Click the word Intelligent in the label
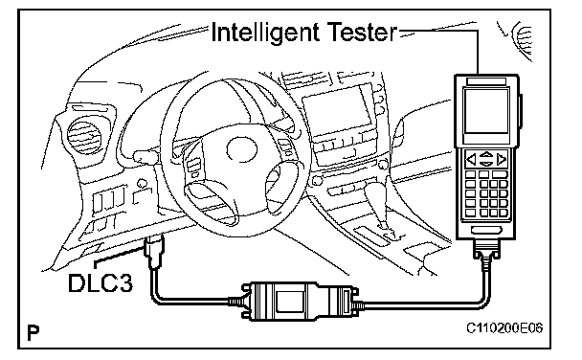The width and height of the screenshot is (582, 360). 265,33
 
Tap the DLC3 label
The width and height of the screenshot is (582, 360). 101,283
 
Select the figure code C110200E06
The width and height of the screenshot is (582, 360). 504,328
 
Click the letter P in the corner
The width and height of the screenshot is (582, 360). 34,332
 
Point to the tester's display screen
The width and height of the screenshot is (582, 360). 486,111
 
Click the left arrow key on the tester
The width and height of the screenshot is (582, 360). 471,160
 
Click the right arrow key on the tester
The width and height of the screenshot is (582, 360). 501,159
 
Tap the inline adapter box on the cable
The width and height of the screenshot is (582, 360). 301,301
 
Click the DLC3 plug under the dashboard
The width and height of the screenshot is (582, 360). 155,251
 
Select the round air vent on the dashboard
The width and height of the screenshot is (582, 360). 85,134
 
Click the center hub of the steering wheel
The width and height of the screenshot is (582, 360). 241,149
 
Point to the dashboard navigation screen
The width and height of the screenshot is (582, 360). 336,111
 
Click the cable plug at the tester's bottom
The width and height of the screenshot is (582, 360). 486,253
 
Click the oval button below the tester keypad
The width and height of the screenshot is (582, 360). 486,230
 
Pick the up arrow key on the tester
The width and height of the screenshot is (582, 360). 486,155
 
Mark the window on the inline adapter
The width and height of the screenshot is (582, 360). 289,301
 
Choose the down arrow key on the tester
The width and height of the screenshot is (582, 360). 486,164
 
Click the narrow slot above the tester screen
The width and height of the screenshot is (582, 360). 486,81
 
